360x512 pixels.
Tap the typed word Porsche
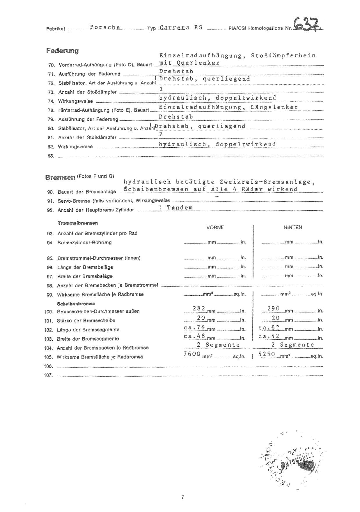click(x=105, y=27)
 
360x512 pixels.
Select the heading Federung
click(x=62, y=51)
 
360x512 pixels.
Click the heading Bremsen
click(x=60, y=177)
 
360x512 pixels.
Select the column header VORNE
click(x=215, y=227)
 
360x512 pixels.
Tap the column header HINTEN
click(x=293, y=227)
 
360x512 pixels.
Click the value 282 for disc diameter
click(x=199, y=308)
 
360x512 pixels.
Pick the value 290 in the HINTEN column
click(x=274, y=308)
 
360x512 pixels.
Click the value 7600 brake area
click(x=192, y=354)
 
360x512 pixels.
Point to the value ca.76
click(x=195, y=327)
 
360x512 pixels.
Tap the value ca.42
click(x=269, y=336)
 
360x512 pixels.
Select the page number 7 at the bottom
click(x=182, y=497)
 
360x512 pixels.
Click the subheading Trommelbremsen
click(x=77, y=223)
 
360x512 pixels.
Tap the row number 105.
click(x=49, y=357)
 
